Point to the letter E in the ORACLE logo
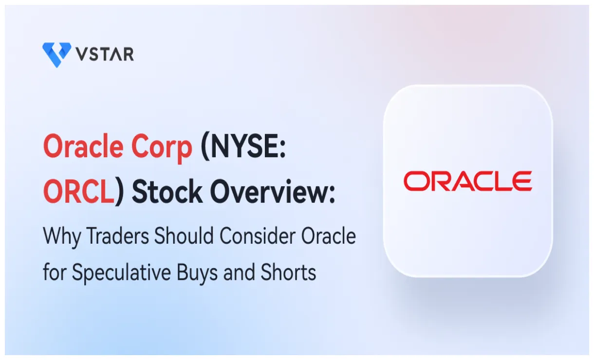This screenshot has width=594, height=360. click(x=521, y=181)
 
